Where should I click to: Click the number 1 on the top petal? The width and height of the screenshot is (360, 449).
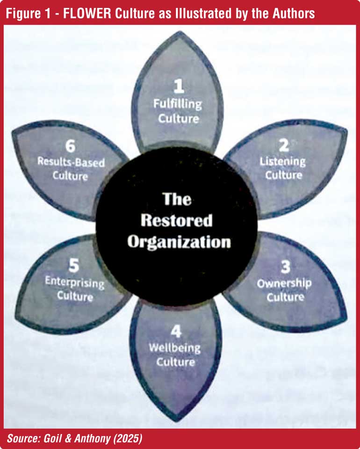(x=178, y=86)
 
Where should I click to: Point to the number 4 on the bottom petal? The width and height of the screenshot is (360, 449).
(x=175, y=332)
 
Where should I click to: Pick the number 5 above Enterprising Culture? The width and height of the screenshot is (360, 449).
(x=74, y=266)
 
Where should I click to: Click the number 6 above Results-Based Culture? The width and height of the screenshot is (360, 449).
(x=70, y=146)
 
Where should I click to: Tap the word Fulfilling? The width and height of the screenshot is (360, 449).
(x=177, y=104)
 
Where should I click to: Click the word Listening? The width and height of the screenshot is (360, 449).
(x=282, y=161)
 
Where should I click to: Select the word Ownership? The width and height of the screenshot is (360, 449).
(x=284, y=283)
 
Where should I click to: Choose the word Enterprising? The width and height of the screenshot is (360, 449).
(x=75, y=282)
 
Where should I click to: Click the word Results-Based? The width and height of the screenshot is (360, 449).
(x=71, y=163)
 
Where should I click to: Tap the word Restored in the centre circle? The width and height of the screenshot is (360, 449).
(x=176, y=220)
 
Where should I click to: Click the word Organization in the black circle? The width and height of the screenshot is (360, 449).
(x=180, y=242)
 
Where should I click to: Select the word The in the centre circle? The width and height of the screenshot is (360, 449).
(x=177, y=199)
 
